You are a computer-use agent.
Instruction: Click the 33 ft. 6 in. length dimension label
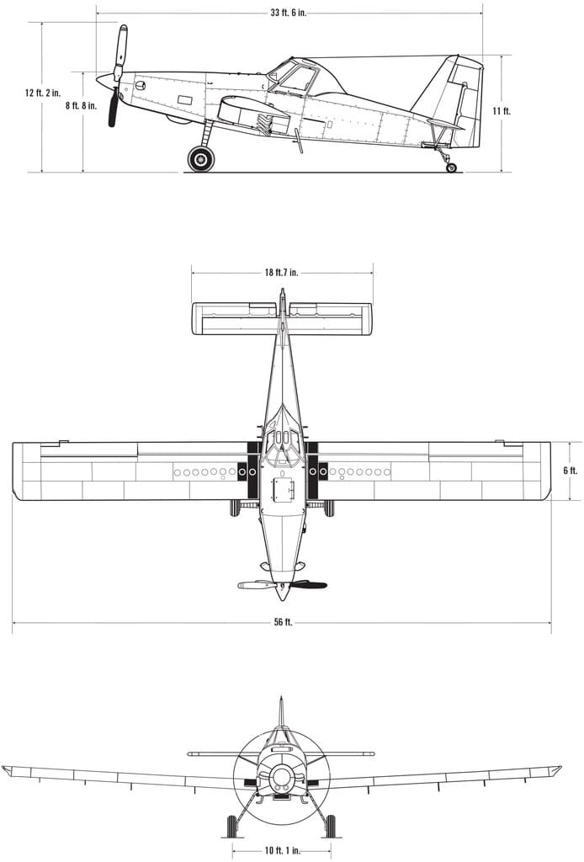289,13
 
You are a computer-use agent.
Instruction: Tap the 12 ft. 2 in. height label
43,93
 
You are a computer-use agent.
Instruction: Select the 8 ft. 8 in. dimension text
82,106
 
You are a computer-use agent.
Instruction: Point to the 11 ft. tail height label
502,110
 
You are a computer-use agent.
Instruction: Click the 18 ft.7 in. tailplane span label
281,272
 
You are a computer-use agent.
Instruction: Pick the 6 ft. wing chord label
571,471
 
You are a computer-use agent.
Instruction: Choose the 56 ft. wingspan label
283,622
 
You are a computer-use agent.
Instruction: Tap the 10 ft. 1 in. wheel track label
283,850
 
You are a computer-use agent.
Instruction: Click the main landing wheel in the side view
201,159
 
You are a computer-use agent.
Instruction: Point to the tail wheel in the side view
452,168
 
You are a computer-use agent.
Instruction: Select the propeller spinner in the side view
104,80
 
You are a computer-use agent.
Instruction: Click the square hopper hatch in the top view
284,489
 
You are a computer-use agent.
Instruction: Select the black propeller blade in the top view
308,585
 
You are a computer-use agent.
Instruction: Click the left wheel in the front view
231,826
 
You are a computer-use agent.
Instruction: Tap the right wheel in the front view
331,826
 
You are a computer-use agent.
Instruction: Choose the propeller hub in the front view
282,777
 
